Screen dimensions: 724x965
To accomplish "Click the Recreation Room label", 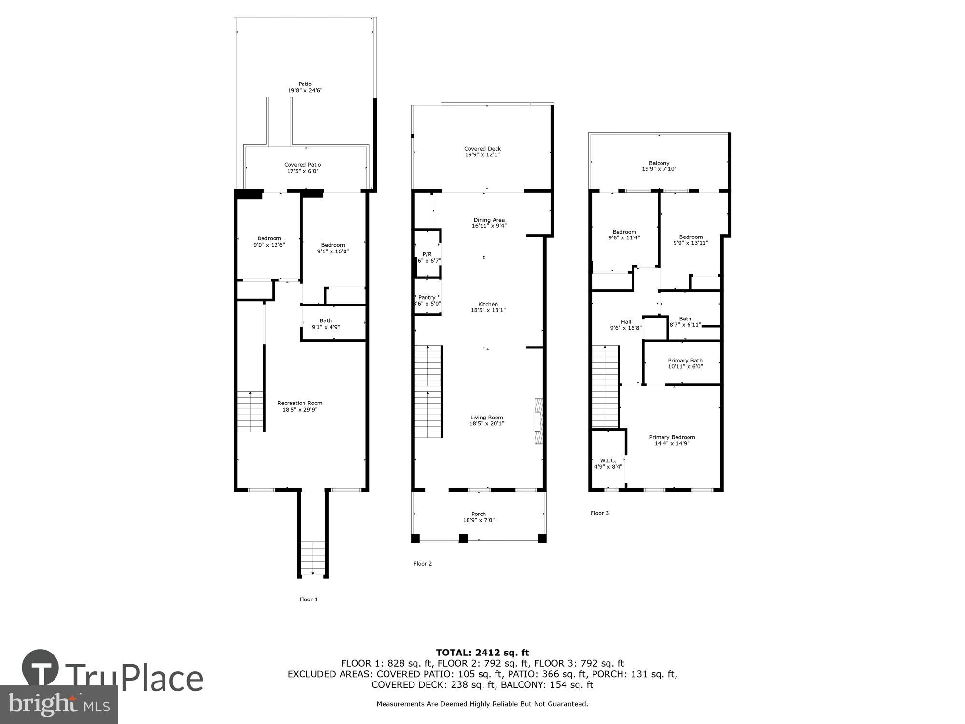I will click(x=300, y=403).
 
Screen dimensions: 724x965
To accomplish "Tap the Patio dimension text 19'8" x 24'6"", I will click(x=305, y=90).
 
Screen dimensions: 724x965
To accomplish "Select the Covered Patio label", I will click(x=303, y=165).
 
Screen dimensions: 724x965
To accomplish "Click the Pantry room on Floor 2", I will click(x=427, y=300).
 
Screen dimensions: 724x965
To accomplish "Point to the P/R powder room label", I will click(x=427, y=254).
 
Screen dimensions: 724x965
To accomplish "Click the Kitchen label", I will click(x=488, y=304).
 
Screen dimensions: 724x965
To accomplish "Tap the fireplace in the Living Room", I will click(x=538, y=421).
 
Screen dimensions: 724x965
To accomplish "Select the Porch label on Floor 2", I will click(x=479, y=514).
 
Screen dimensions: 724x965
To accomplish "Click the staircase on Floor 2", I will click(x=428, y=391).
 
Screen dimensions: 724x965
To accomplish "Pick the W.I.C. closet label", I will click(x=608, y=460).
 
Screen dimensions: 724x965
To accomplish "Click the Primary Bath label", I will click(x=685, y=361).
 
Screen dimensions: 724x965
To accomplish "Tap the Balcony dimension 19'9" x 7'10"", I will click(x=659, y=169).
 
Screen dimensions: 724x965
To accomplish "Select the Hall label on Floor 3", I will click(x=626, y=322).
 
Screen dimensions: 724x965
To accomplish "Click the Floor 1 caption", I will click(x=308, y=599).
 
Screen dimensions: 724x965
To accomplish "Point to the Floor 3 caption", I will click(x=600, y=513).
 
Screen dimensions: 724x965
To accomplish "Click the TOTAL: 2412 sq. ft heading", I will click(x=482, y=653).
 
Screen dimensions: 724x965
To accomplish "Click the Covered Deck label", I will click(x=482, y=149).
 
